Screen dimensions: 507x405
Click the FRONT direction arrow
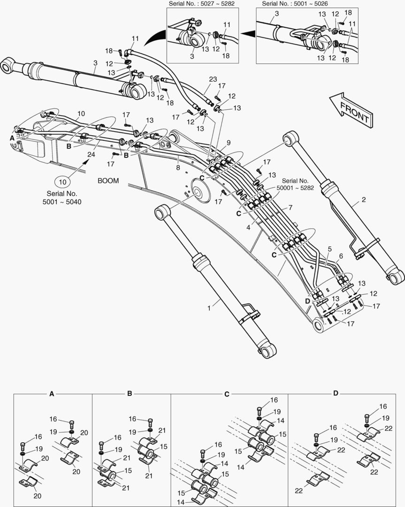pos(351,109)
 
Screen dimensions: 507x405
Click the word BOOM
pos(108,180)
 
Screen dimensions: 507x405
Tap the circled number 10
pos(63,181)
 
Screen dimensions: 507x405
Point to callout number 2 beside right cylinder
pos(363,199)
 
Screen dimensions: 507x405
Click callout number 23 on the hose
pos(213,79)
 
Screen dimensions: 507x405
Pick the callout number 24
pos(90,154)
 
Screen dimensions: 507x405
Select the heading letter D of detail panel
pos(336,393)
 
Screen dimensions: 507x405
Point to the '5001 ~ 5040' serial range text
pos(63,201)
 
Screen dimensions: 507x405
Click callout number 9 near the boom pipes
pos(229,143)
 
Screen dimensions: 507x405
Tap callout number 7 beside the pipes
pos(290,207)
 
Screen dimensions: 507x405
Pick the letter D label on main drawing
pos(308,300)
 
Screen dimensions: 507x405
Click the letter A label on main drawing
pos(12,138)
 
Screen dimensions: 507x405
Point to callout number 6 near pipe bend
pos(340,256)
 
